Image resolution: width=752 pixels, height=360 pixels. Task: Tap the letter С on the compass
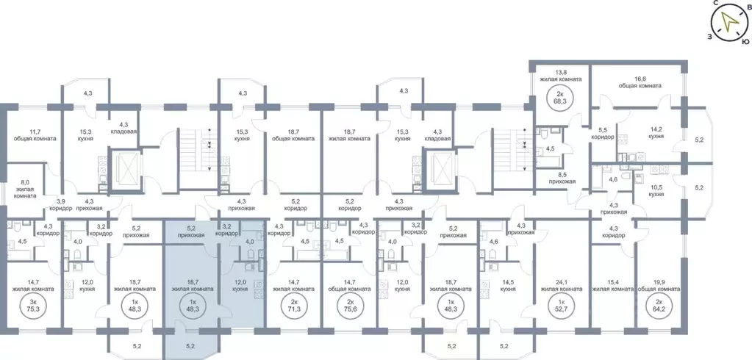714,4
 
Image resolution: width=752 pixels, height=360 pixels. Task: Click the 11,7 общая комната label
34,134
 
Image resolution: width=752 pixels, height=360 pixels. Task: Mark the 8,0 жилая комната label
24,190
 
